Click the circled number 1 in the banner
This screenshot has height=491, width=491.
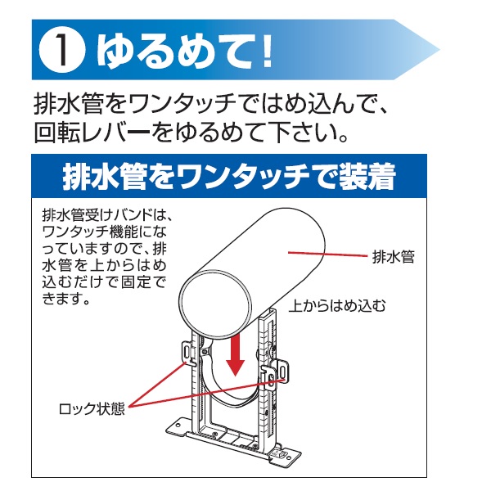(62, 50)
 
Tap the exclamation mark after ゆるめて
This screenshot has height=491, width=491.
(267, 51)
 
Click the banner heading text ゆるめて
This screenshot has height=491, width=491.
(176, 50)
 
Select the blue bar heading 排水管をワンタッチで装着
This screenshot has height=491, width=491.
(229, 176)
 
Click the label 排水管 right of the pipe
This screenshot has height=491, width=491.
(394, 258)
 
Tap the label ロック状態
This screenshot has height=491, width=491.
(92, 408)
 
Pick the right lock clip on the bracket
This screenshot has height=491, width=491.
(277, 373)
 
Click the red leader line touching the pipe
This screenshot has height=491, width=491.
(327, 254)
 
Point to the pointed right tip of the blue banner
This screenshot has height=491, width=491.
(439, 50)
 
